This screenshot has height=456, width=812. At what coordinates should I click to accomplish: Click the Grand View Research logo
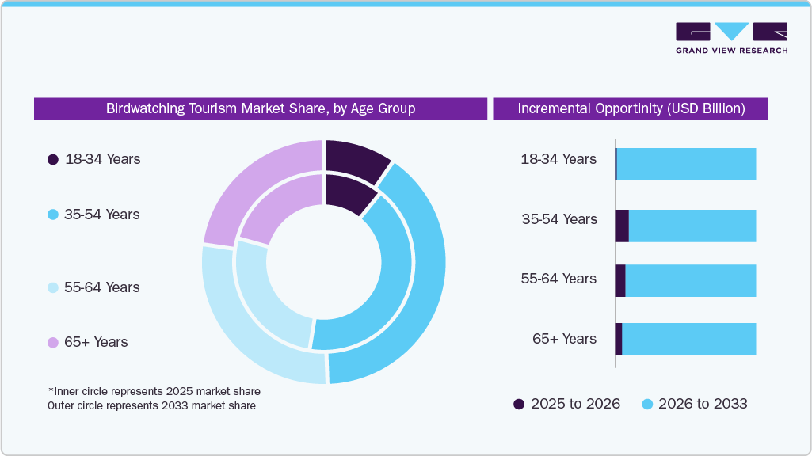pyautogui.click(x=731, y=37)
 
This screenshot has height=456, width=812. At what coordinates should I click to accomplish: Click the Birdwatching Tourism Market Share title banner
pyautogui.click(x=261, y=108)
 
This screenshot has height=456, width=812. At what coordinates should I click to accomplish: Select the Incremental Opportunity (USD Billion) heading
pyautogui.click(x=631, y=108)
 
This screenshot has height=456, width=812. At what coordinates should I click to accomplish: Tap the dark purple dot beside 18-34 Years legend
pyautogui.click(x=53, y=159)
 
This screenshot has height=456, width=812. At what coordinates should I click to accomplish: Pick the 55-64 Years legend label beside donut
pyautogui.click(x=101, y=287)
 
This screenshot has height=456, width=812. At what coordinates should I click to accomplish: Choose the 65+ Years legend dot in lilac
pyautogui.click(x=53, y=343)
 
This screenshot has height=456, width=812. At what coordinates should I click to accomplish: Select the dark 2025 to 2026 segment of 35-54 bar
pyautogui.click(x=622, y=226)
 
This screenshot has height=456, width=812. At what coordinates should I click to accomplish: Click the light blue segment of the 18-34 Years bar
pyautogui.click(x=686, y=164)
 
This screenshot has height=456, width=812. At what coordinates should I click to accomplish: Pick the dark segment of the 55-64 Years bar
pyautogui.click(x=620, y=281)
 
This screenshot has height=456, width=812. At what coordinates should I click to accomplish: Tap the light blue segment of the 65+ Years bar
pyautogui.click(x=689, y=339)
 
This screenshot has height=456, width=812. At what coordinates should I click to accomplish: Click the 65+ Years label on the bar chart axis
pyautogui.click(x=564, y=339)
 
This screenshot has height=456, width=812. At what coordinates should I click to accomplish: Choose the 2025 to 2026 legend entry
pyautogui.click(x=567, y=404)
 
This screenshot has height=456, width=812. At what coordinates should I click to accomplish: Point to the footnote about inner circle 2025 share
pyautogui.click(x=154, y=392)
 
